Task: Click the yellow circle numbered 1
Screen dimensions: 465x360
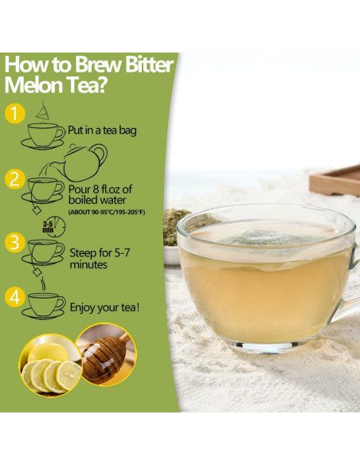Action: [14, 114]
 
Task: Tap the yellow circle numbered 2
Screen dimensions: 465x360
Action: [14, 178]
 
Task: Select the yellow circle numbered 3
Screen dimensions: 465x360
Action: [14, 241]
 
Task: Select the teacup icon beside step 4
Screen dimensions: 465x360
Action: [45, 304]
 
